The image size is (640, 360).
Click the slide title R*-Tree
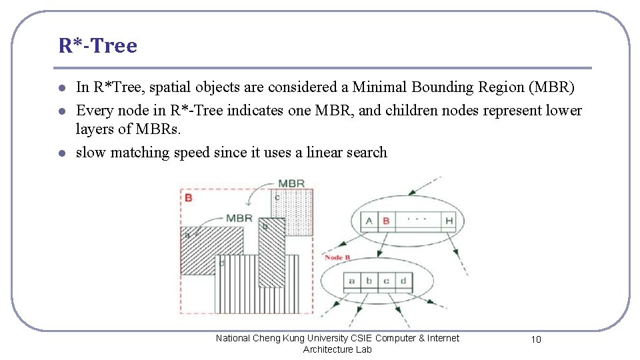coord(98,45)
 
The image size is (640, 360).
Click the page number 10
coord(536,339)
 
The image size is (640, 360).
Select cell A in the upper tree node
coord(369,221)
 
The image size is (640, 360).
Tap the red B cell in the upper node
coord(386,221)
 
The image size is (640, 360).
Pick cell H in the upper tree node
coord(449,221)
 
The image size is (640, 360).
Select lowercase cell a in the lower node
coord(351,281)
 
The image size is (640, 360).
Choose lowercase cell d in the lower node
coord(403,281)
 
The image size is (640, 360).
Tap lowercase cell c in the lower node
coord(386,281)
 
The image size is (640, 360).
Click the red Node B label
coord(337,257)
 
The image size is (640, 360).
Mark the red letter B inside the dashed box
coord(189,197)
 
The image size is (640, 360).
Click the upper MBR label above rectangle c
coord(292,183)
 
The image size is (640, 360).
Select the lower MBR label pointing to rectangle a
coord(239,217)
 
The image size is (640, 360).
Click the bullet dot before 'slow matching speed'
coord(61,153)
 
